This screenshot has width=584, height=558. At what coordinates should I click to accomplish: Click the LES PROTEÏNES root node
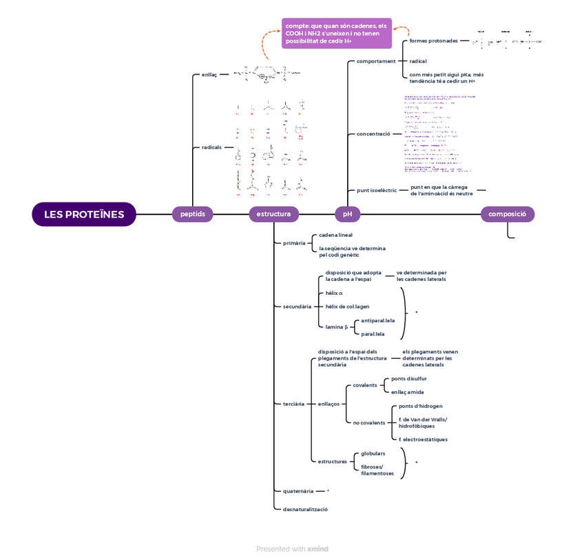coord(84,214)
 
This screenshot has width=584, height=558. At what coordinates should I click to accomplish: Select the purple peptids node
coord(192,214)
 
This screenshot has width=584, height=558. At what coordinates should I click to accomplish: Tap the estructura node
coord(273,214)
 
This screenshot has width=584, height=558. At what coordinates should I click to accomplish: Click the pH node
coord(348,214)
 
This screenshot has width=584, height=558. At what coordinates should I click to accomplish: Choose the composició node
coord(507,214)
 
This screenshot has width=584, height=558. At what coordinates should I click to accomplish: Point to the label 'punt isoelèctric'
coord(376,190)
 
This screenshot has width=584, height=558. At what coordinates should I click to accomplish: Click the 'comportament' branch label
coord(376,61)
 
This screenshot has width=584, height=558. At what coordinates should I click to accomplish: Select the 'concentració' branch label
coord(373,134)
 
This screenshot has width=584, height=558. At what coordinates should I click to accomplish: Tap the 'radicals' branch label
coord(211,147)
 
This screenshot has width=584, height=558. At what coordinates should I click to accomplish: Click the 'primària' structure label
coord(294,243)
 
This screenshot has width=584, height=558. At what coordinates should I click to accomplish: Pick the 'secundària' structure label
coord(297,306)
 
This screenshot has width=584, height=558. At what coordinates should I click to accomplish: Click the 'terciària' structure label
coord(293,404)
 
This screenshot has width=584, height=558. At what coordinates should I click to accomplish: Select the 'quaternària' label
coord(298,491)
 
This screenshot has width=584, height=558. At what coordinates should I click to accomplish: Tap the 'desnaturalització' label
coord(305,509)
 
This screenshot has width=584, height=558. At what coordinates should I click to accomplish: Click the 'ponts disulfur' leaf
coord(409,379)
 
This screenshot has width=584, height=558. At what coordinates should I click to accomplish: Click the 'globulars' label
coord(373,453)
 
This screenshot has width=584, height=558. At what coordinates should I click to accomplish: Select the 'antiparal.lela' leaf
coord(378,320)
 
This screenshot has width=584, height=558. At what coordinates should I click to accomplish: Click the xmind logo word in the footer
coord(317,549)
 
